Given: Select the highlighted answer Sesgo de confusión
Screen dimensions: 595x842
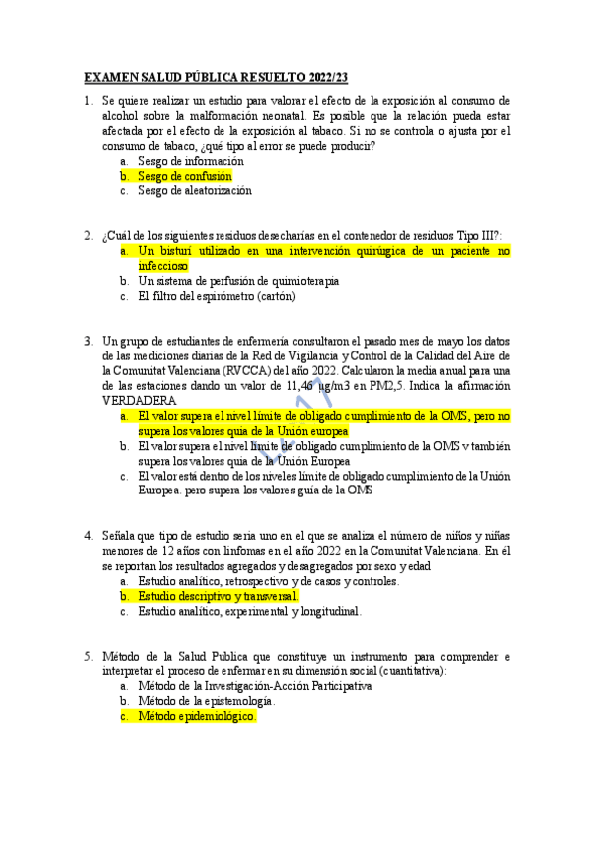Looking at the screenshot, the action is tap(185, 175).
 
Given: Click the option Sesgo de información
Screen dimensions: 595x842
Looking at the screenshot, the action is tap(191, 160).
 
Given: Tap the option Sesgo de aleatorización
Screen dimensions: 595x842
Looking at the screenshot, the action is tap(195, 190).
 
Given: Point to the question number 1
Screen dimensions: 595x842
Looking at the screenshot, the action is tap(88, 100).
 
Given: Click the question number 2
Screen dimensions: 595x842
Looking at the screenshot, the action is tap(88, 236).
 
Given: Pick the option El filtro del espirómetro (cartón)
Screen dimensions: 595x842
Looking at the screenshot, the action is tap(217, 296).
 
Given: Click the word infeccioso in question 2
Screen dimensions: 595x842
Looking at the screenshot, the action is tap(163, 266).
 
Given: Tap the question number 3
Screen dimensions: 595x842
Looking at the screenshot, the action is tap(88, 341).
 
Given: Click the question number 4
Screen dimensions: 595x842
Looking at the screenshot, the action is tap(88, 536).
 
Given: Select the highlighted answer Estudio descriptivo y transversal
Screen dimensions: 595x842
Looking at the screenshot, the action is tap(218, 596).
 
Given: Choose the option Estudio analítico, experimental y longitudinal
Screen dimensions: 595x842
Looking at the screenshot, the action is tap(249, 611).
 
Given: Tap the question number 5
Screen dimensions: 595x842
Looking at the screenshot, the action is tap(88, 656).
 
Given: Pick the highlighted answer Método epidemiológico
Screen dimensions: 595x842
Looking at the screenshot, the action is tap(198, 715).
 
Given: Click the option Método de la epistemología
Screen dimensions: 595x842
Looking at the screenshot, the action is tap(207, 700).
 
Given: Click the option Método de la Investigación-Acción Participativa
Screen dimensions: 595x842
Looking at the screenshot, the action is tap(255, 685).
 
